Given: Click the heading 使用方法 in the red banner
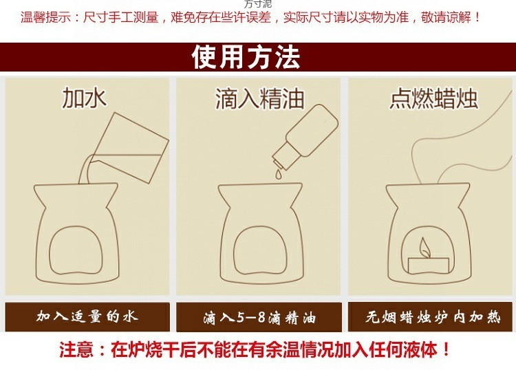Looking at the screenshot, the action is click(246, 57).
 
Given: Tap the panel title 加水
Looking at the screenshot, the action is click(84, 98).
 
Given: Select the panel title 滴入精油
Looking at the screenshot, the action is click(259, 98).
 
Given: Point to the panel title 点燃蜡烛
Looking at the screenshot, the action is click(433, 98).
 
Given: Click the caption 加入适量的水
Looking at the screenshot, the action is click(87, 316).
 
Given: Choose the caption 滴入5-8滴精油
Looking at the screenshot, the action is click(259, 318).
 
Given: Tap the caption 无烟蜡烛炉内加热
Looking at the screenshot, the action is click(433, 317).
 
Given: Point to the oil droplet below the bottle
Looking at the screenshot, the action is click(279, 174).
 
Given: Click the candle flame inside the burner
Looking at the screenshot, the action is click(424, 248).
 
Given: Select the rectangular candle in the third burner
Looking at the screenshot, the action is click(429, 265).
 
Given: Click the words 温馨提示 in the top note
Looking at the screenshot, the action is click(45, 17).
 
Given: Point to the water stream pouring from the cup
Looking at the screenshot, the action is click(85, 169).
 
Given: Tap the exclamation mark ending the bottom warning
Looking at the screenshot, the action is click(447, 349).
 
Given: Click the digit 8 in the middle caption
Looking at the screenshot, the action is click(261, 318).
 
